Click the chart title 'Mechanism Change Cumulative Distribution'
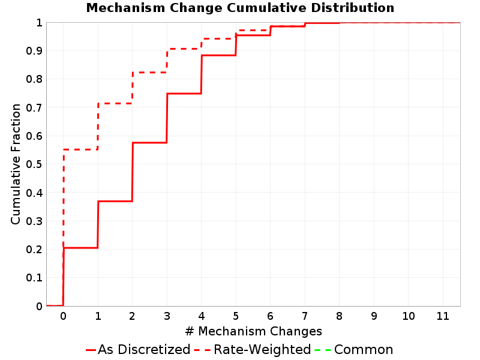[x=241, y=8]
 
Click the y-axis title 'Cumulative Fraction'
[x=16, y=164]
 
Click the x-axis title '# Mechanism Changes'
[x=253, y=331]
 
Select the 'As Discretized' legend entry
[x=138, y=349]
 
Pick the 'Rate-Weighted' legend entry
[x=253, y=349]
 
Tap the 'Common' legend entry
[x=354, y=349]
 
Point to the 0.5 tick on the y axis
[x=34, y=164]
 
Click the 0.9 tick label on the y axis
[x=34, y=51]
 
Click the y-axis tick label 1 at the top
[x=39, y=23]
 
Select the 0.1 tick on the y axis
[x=34, y=278]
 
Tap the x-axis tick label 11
[x=443, y=316]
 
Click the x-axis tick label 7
[x=305, y=316]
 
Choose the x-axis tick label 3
[x=167, y=316]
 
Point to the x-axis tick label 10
[x=409, y=316]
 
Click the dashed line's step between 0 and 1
[x=80, y=149]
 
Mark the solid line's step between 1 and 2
[x=115, y=201]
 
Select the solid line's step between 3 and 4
[x=184, y=94]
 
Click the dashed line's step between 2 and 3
[x=149, y=73]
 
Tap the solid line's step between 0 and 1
[x=80, y=248]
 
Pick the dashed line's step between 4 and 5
[x=218, y=39]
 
